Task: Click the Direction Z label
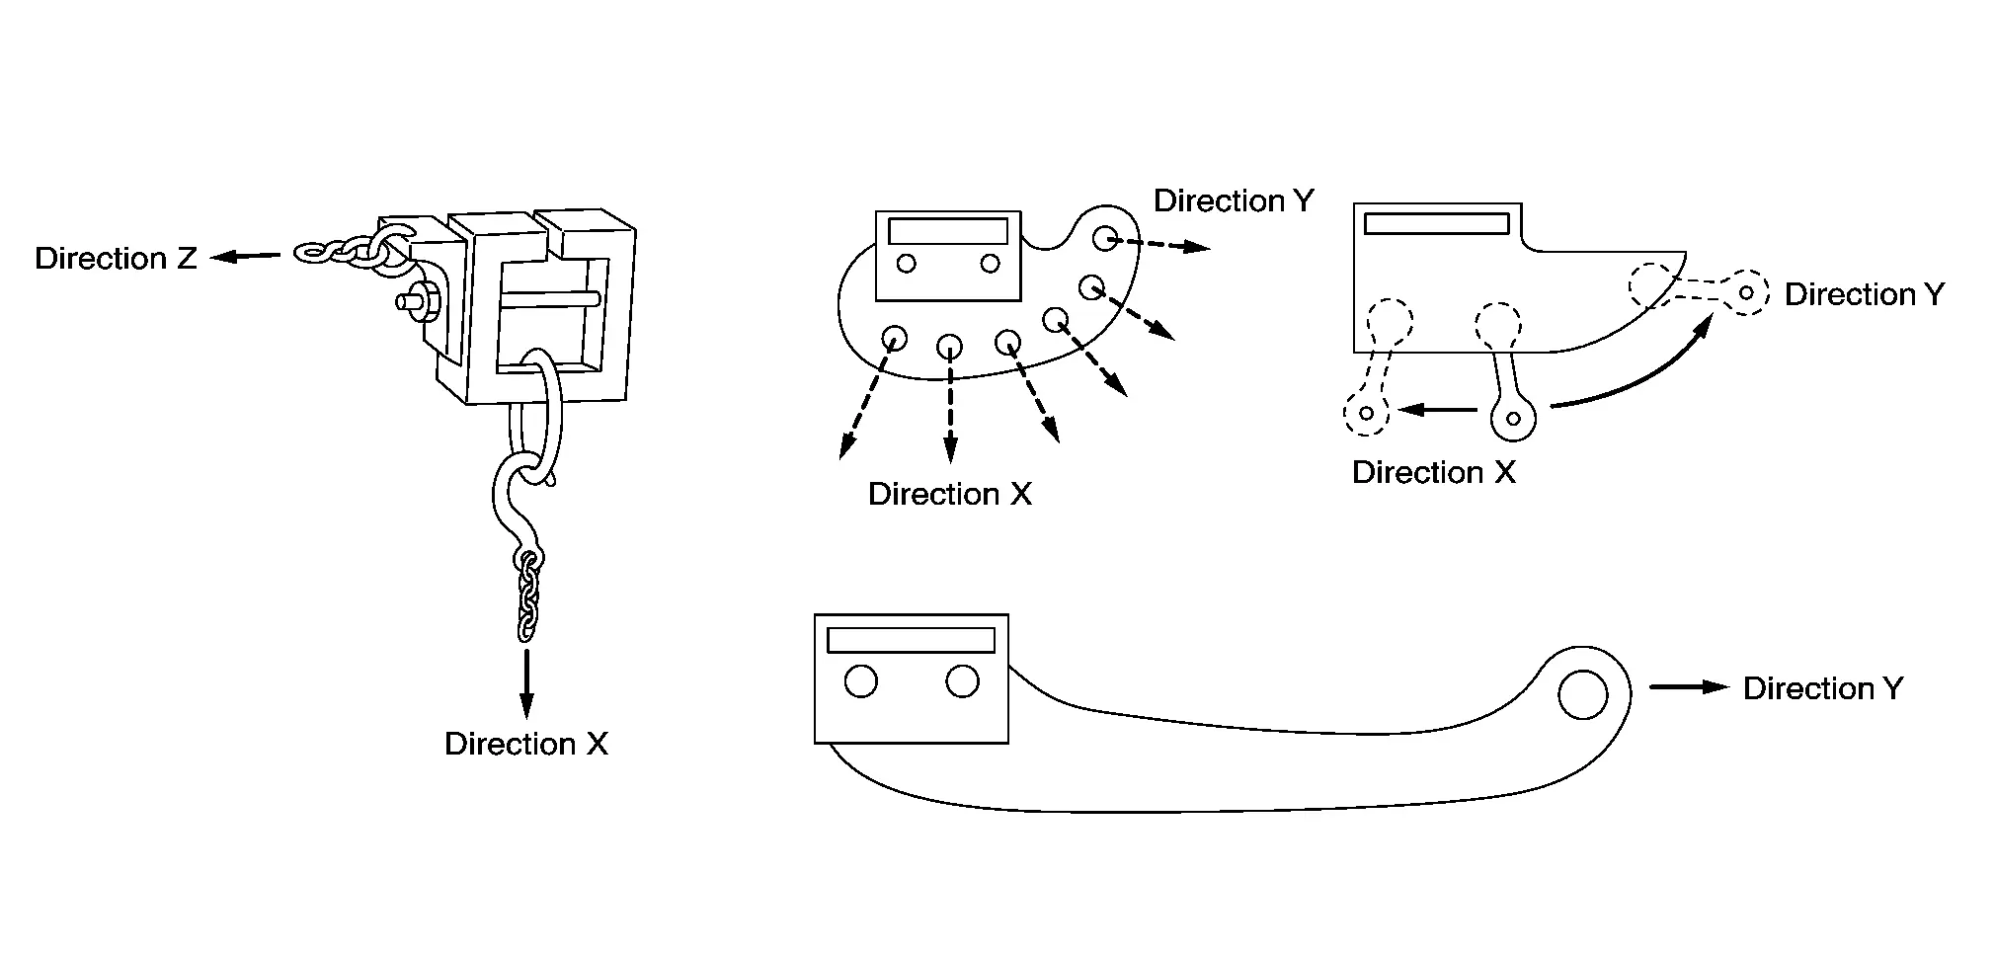pos(116,259)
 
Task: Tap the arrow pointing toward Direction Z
pos(245,257)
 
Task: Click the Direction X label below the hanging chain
pos(526,744)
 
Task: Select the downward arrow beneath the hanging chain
pos(526,683)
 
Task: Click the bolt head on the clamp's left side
pos(413,300)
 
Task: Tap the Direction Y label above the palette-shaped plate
pos(1235,200)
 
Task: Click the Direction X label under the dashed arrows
pos(950,494)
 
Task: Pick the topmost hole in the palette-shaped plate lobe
pos(1105,237)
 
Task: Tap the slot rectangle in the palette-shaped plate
pos(948,231)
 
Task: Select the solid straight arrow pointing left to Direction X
pos(1438,409)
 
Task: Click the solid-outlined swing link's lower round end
pos(1513,418)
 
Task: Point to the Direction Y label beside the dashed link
pos(1865,294)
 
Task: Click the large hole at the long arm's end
pos(1582,693)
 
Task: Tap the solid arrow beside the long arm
pos(1690,687)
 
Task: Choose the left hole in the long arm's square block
pos(861,681)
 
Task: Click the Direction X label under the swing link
pos(1433,472)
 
